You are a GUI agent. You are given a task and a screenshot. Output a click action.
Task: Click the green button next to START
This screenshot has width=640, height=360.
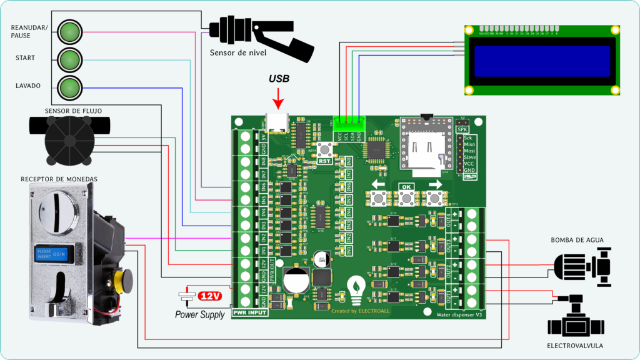pos(69,59)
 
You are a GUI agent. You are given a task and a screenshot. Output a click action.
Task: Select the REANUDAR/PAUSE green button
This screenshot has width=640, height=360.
pos(69,31)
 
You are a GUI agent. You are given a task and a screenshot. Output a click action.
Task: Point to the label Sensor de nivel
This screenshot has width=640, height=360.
pos(238,52)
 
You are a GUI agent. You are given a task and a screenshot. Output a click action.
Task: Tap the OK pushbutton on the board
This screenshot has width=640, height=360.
pos(406,199)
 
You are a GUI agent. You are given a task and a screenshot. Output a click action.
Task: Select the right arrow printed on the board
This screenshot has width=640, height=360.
pos(434,185)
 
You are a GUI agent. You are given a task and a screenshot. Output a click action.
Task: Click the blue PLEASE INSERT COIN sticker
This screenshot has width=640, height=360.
pos(54,252)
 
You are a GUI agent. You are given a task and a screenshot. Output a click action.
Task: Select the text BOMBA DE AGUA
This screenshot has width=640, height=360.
pos(577,240)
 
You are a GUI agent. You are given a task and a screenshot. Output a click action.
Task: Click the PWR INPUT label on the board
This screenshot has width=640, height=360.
pos(249,312)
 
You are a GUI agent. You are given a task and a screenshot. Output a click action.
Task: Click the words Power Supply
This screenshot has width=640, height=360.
pos(199,315)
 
